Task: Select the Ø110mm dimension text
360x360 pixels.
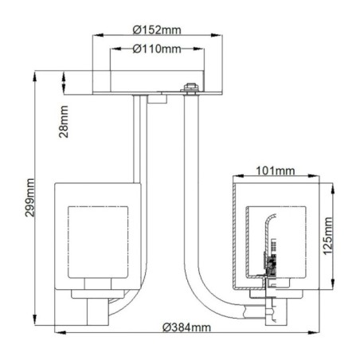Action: pos(155,49)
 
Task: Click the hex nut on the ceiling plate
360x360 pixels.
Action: pos(190,88)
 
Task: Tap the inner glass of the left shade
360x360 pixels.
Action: pos(97,243)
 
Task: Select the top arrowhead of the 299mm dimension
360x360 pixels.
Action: pos(35,74)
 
